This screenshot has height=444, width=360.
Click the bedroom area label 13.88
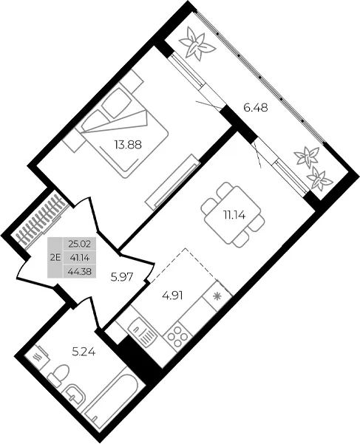click(128, 145)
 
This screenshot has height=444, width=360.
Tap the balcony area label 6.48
click(256, 108)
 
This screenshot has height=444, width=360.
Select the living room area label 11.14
click(234, 216)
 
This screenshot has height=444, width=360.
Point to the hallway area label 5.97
click(122, 276)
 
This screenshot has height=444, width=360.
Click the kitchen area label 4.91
click(172, 296)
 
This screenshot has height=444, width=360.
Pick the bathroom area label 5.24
click(84, 352)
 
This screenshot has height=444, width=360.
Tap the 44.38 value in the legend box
click(80, 272)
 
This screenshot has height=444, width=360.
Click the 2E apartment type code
click(55, 258)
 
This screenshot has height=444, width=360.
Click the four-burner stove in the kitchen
click(177, 336)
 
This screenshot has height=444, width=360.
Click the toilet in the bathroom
click(58, 375)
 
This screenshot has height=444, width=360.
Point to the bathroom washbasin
click(75, 395)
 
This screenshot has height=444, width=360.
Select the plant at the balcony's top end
click(197, 45)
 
